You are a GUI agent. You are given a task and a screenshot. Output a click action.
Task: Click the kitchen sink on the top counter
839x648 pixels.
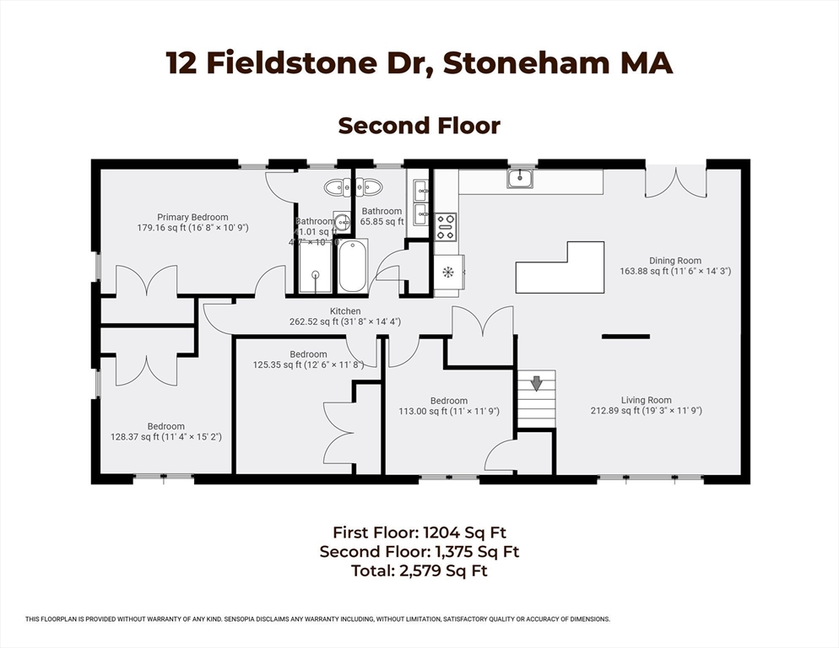pos(521,178)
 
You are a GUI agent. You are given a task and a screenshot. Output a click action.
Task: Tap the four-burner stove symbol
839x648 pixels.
pos(446,226)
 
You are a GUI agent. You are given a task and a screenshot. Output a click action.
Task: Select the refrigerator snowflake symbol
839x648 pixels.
pos(448,272)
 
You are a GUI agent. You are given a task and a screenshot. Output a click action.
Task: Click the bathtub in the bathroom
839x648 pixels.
pos(352,267)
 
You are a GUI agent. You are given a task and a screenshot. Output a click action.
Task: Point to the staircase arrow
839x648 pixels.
pos(536,384)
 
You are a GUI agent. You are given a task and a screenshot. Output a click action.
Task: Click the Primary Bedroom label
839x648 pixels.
pos(192,222)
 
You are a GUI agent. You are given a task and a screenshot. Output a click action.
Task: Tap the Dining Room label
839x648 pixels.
pos(674,266)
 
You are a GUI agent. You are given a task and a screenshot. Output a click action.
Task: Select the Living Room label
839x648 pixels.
pos(646,406)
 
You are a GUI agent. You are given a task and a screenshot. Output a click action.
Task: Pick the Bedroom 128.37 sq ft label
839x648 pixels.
pos(165,431)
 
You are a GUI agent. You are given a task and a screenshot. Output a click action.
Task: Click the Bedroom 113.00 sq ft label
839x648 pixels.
pos(448,406)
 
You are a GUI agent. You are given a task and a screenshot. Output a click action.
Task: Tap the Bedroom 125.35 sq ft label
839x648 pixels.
pos(308,359)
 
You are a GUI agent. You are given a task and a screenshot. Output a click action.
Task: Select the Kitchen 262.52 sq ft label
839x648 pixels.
pos(345,316)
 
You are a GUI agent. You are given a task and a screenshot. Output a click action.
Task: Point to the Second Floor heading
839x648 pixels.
pos(419,126)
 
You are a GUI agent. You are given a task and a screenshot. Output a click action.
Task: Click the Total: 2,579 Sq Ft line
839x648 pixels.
pos(419,571)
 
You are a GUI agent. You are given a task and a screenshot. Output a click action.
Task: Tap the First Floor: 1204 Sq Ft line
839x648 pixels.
pos(419,532)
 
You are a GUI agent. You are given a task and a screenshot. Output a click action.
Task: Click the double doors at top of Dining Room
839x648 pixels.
pos(675,181)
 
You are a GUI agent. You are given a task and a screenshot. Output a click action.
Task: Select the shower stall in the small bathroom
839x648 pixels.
pos(316,267)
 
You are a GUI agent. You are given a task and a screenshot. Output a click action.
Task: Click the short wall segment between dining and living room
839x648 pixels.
pos(625,337)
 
